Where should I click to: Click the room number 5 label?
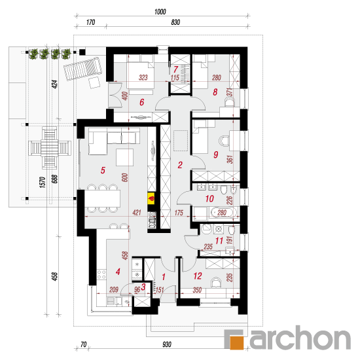tap(103, 170)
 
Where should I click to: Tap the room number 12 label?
tap(198, 276)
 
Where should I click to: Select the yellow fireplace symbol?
tap(151, 198)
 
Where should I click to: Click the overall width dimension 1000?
tap(160, 12)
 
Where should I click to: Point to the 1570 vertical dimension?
tap(43, 183)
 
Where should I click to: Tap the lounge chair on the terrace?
tap(82, 69)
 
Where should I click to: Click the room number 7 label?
tap(175, 69)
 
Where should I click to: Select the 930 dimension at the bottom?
tap(167, 344)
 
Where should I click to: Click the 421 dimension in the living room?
tap(137, 212)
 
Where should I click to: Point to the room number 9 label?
tap(215, 154)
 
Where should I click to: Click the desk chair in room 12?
tap(216, 282)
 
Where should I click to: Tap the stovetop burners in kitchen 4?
tap(101, 274)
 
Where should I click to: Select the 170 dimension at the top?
tap(91, 22)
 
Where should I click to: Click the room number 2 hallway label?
tap(180, 165)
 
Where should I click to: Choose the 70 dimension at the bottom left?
tap(84, 344)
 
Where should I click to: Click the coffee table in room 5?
tap(124, 157)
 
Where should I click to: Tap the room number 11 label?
tap(219, 241)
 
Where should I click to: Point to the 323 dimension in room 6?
tap(143, 77)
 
